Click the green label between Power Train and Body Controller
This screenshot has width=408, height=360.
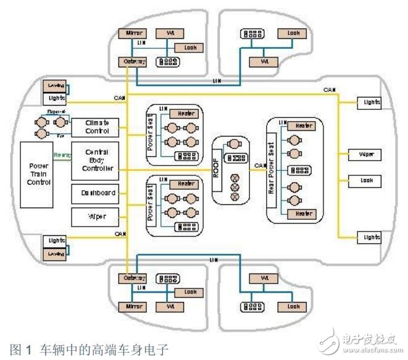62,155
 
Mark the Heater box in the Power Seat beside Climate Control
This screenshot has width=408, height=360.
186,114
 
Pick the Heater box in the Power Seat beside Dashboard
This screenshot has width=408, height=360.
186,184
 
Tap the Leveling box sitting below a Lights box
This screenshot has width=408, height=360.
55,254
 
